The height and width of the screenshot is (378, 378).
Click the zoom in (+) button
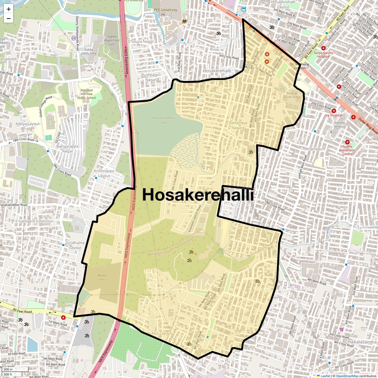9,9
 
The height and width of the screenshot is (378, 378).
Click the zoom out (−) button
9,18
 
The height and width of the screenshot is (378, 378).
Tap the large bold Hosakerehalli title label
198,195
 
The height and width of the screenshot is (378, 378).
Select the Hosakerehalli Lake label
163,120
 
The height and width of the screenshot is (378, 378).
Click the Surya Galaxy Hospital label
323,54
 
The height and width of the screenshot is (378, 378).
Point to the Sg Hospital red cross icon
334,111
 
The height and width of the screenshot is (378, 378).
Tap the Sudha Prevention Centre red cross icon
347,142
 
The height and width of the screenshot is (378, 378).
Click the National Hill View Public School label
87,94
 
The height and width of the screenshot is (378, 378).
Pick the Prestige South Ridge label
292,95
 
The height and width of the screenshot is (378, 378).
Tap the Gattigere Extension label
36,221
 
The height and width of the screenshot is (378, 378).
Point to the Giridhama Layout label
75,245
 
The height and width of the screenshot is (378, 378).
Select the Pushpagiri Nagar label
151,77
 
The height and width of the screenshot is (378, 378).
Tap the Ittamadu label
314,149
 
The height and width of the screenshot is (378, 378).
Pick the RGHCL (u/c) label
102,277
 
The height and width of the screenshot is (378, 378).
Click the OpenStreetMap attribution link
347,376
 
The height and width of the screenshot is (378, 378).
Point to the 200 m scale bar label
8,369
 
